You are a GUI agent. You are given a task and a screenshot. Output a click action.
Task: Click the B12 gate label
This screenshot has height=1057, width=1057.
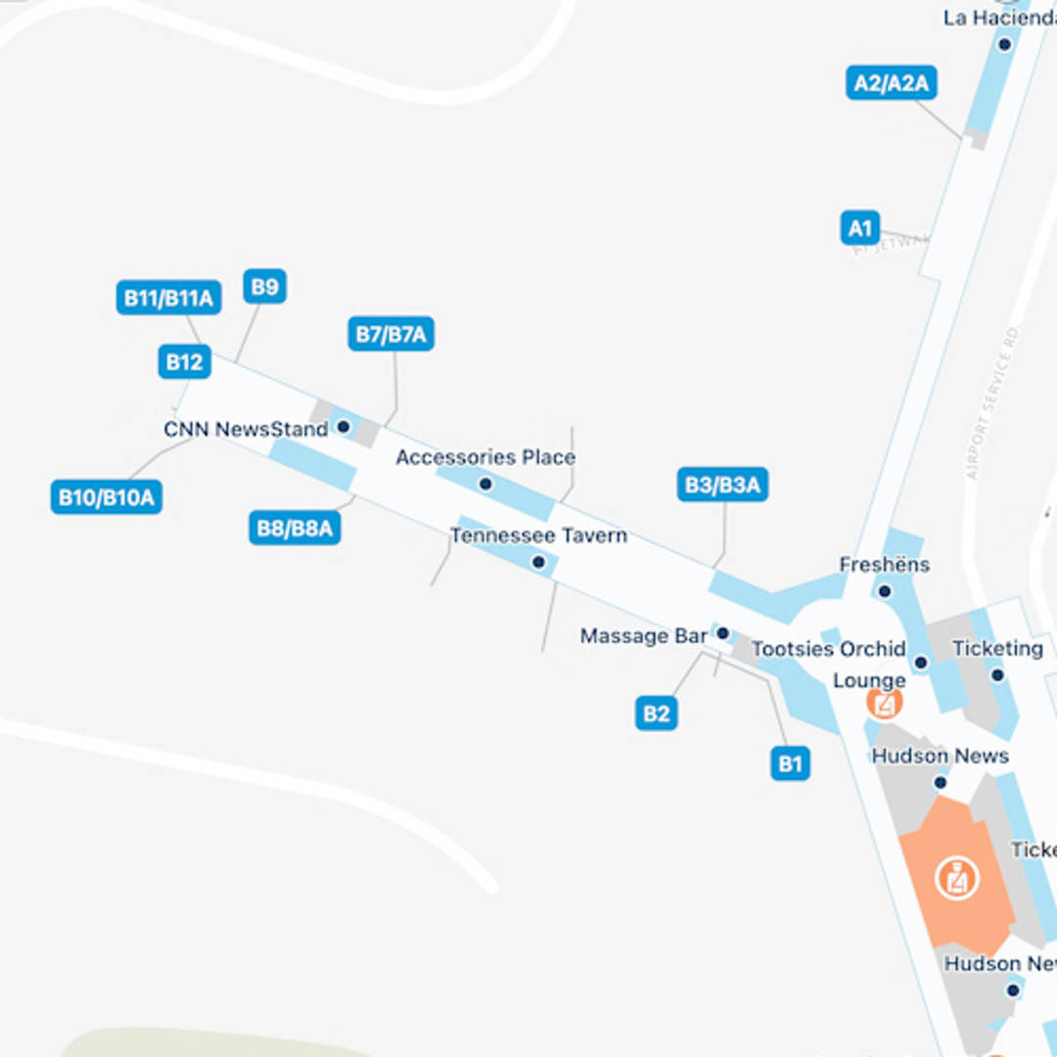(184, 362)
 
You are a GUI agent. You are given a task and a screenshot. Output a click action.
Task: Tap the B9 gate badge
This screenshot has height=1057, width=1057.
(264, 287)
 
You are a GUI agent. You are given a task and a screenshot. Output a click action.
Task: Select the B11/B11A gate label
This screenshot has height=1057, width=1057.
(168, 298)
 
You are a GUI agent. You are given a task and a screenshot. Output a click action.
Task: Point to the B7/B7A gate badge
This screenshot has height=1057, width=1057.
(391, 334)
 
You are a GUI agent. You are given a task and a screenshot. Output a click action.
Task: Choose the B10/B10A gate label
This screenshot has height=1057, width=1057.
(106, 497)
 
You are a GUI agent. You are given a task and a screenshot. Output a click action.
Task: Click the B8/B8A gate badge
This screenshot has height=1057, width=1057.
(295, 528)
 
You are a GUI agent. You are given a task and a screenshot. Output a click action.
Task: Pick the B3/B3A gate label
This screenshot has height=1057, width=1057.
(722, 484)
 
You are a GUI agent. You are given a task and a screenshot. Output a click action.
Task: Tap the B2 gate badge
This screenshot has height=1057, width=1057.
(656, 713)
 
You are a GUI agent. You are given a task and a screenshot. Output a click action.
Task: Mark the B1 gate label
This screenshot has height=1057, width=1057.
(790, 762)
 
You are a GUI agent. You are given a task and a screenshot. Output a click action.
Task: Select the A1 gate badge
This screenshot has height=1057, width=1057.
(859, 229)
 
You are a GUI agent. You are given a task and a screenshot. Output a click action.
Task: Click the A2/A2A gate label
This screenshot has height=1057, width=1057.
(891, 83)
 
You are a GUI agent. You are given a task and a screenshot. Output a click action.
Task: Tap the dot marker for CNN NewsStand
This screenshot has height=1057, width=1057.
(344, 427)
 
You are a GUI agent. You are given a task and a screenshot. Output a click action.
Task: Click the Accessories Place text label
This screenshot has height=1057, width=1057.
(485, 457)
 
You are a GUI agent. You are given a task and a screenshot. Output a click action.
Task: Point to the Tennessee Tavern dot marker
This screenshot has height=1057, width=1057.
(537, 562)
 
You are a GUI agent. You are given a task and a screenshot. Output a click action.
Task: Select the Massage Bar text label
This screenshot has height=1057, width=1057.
(643, 636)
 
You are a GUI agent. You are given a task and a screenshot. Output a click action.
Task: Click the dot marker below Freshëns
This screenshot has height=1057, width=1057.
(885, 591)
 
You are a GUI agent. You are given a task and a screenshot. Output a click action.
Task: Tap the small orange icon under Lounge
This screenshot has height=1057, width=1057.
(885, 702)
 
